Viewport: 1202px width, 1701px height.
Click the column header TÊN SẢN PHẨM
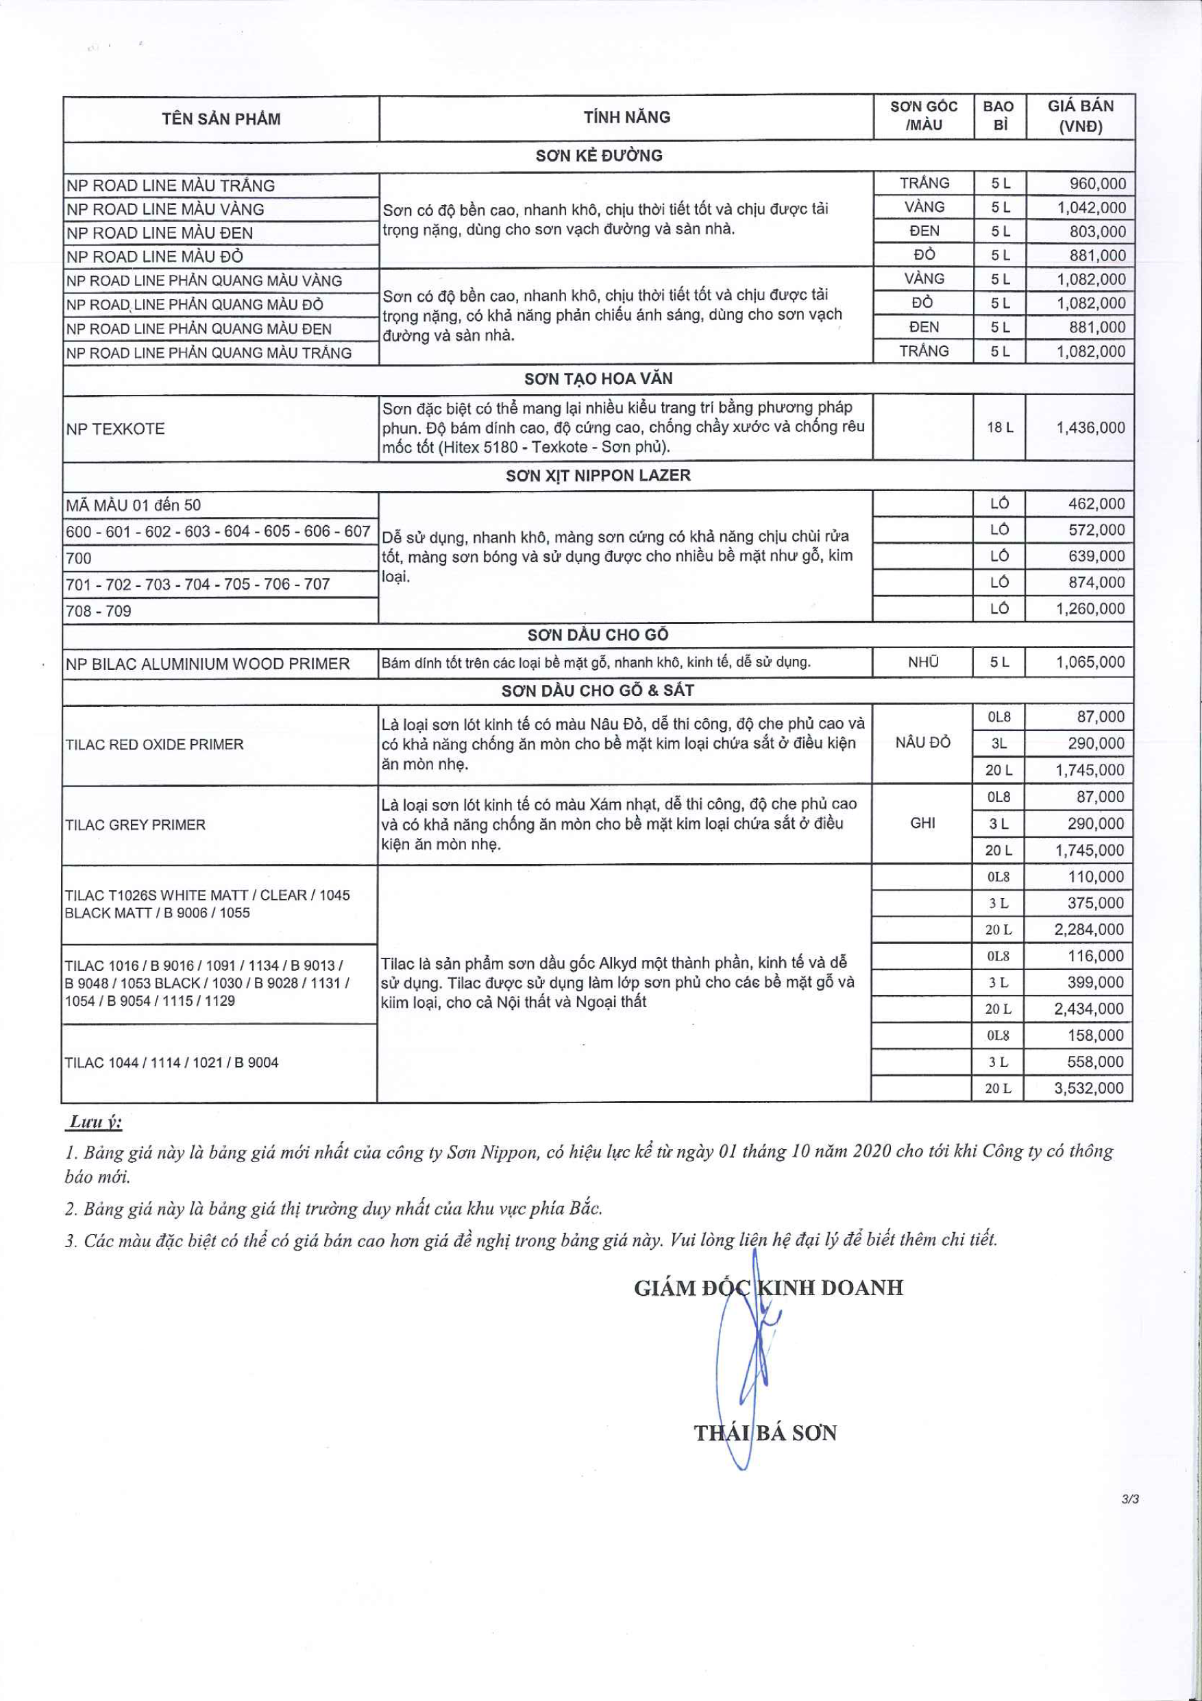click(x=221, y=119)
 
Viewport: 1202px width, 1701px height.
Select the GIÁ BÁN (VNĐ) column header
click(x=1080, y=117)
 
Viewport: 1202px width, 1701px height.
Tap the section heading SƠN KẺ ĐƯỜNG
click(x=598, y=156)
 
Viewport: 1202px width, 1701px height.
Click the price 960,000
click(x=1097, y=184)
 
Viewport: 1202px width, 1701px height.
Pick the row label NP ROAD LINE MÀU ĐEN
click(x=159, y=232)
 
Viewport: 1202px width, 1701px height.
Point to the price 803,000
click(x=1097, y=232)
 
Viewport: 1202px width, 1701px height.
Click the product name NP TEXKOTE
click(x=116, y=429)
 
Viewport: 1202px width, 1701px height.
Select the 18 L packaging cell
click(x=999, y=427)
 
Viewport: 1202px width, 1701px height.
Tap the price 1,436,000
click(x=1090, y=427)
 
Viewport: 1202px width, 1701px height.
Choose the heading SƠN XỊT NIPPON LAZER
click(x=598, y=476)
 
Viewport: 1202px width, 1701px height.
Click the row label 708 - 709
click(x=99, y=611)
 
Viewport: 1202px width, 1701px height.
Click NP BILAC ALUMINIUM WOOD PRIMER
click(x=208, y=664)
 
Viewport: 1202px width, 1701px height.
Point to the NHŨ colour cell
click(x=923, y=662)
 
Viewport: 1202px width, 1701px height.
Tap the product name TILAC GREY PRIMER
click(x=135, y=825)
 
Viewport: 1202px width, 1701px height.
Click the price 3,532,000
click(x=1089, y=1088)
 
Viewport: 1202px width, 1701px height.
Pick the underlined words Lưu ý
click(x=95, y=1122)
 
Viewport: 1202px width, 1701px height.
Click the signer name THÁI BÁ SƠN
click(x=765, y=1433)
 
